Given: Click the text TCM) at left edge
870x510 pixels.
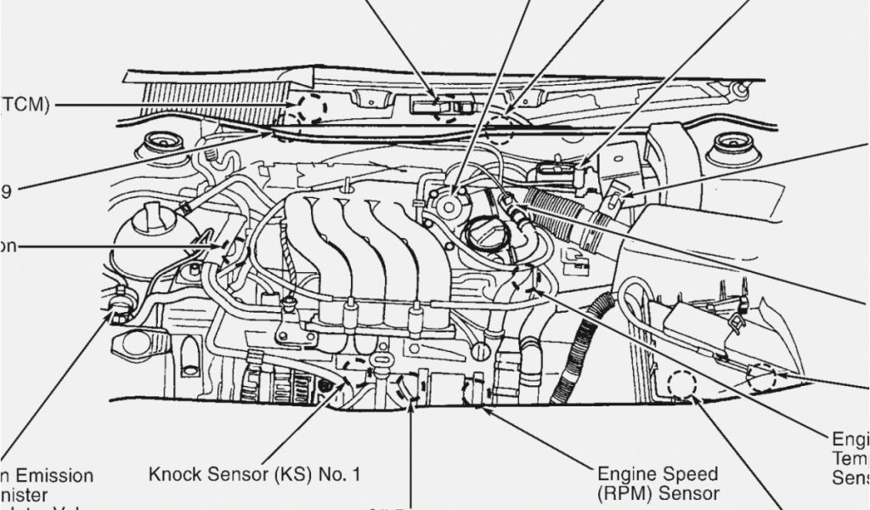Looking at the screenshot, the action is coord(24,105).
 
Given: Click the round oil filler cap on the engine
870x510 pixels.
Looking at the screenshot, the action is coord(488,234).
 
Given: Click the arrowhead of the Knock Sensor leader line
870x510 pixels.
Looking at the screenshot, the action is coord(349,383).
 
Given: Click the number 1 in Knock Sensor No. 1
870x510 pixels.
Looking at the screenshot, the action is coord(367,473).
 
